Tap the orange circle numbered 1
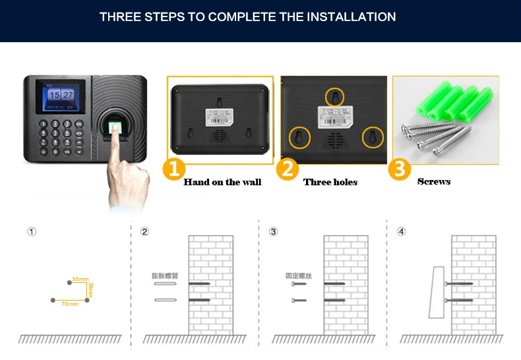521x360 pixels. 173,169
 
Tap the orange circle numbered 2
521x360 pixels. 287,169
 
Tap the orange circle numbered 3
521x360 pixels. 400,169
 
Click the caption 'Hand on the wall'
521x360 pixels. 222,182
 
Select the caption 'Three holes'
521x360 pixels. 330,182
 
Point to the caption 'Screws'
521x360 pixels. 434,181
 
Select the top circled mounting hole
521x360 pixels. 336,97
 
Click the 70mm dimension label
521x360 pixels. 70,304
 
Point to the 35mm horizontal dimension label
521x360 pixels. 80,280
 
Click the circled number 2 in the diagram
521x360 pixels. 145,231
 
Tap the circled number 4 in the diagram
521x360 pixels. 401,231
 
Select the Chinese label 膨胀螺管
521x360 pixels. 165,275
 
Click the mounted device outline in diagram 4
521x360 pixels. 435,291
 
